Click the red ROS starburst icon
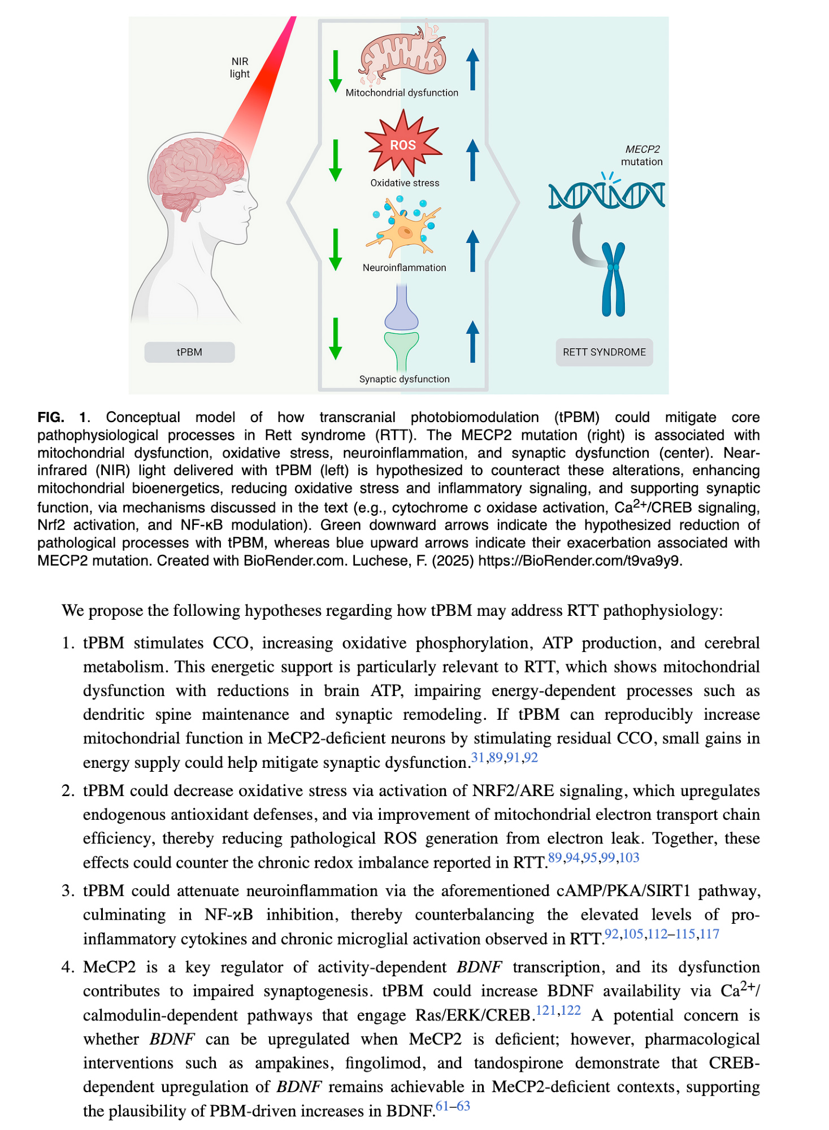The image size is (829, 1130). [403, 144]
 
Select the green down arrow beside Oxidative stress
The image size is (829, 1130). [336, 160]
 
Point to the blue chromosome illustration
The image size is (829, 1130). [613, 279]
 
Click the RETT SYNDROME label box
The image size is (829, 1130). [604, 352]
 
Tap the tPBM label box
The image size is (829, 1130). [189, 352]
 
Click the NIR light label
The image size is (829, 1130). [240, 68]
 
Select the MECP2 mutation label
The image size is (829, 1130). [642, 155]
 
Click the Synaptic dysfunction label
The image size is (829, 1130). [404, 379]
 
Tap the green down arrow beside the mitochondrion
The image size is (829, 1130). [336, 71]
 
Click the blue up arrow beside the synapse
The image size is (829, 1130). [472, 341]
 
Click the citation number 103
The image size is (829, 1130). [629, 858]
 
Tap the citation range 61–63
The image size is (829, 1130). [453, 1106]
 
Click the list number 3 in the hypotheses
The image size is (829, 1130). [68, 891]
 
